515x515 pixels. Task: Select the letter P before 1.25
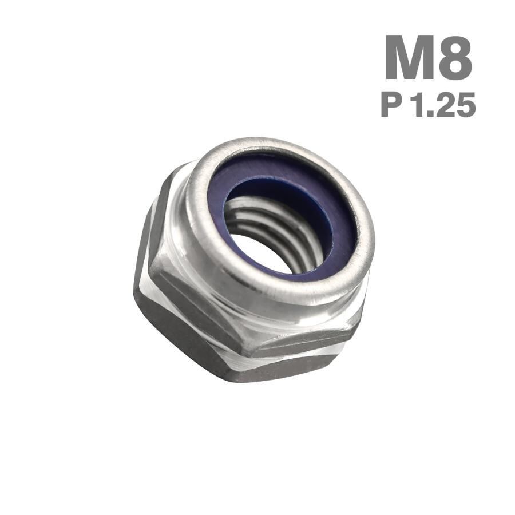click(391, 105)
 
